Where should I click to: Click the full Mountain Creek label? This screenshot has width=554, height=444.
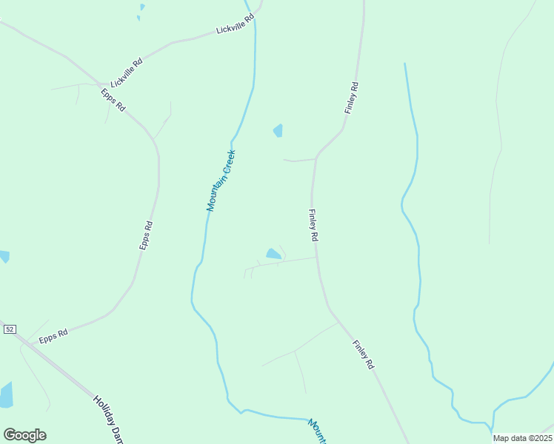(x=221, y=181)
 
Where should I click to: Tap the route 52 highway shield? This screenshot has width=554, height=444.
(x=10, y=329)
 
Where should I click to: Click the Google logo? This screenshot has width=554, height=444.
(x=24, y=435)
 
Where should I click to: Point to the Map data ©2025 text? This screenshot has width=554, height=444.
(x=522, y=438)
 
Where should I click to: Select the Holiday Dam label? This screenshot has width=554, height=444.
(x=107, y=418)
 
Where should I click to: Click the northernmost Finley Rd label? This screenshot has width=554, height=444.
(x=351, y=98)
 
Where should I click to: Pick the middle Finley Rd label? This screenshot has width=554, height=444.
(x=312, y=225)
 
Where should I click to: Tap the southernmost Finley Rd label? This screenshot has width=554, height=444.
(x=364, y=354)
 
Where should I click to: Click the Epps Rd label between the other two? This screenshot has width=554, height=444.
(x=147, y=235)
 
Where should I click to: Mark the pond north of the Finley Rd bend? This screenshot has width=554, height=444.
(x=278, y=131)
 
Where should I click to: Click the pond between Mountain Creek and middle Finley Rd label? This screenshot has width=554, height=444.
(x=273, y=254)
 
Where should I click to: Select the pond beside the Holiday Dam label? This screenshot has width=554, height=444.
(x=6, y=395)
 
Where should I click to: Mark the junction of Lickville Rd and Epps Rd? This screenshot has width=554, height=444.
(x=100, y=84)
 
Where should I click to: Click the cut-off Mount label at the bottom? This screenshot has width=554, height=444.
(x=318, y=431)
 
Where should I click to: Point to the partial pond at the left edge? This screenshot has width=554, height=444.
(x=4, y=256)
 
